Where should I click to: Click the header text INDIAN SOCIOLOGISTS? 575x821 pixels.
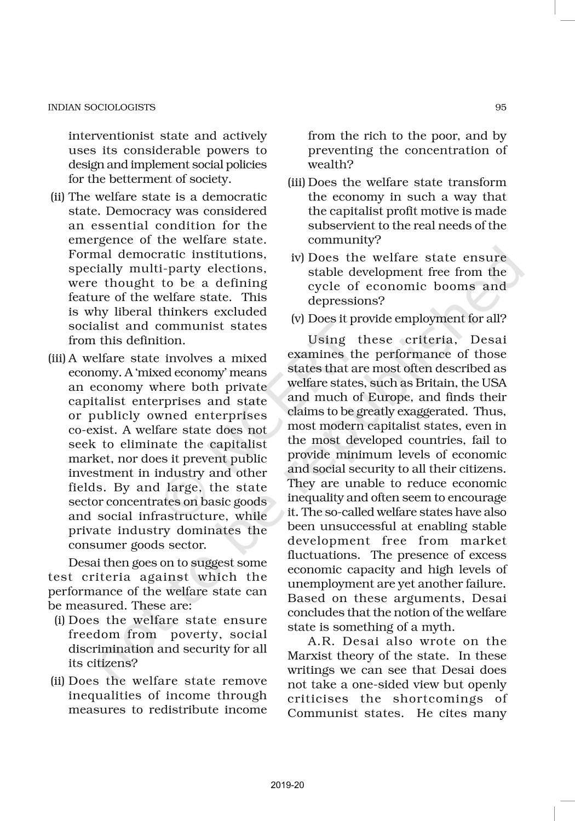tap(102, 107)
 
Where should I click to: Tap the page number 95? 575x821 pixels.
tap(501, 107)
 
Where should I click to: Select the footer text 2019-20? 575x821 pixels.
tap(287, 785)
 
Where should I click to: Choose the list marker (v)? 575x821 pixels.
tap(297, 319)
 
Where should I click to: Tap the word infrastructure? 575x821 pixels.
tap(182, 516)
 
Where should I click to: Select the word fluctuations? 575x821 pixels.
tap(321, 554)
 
